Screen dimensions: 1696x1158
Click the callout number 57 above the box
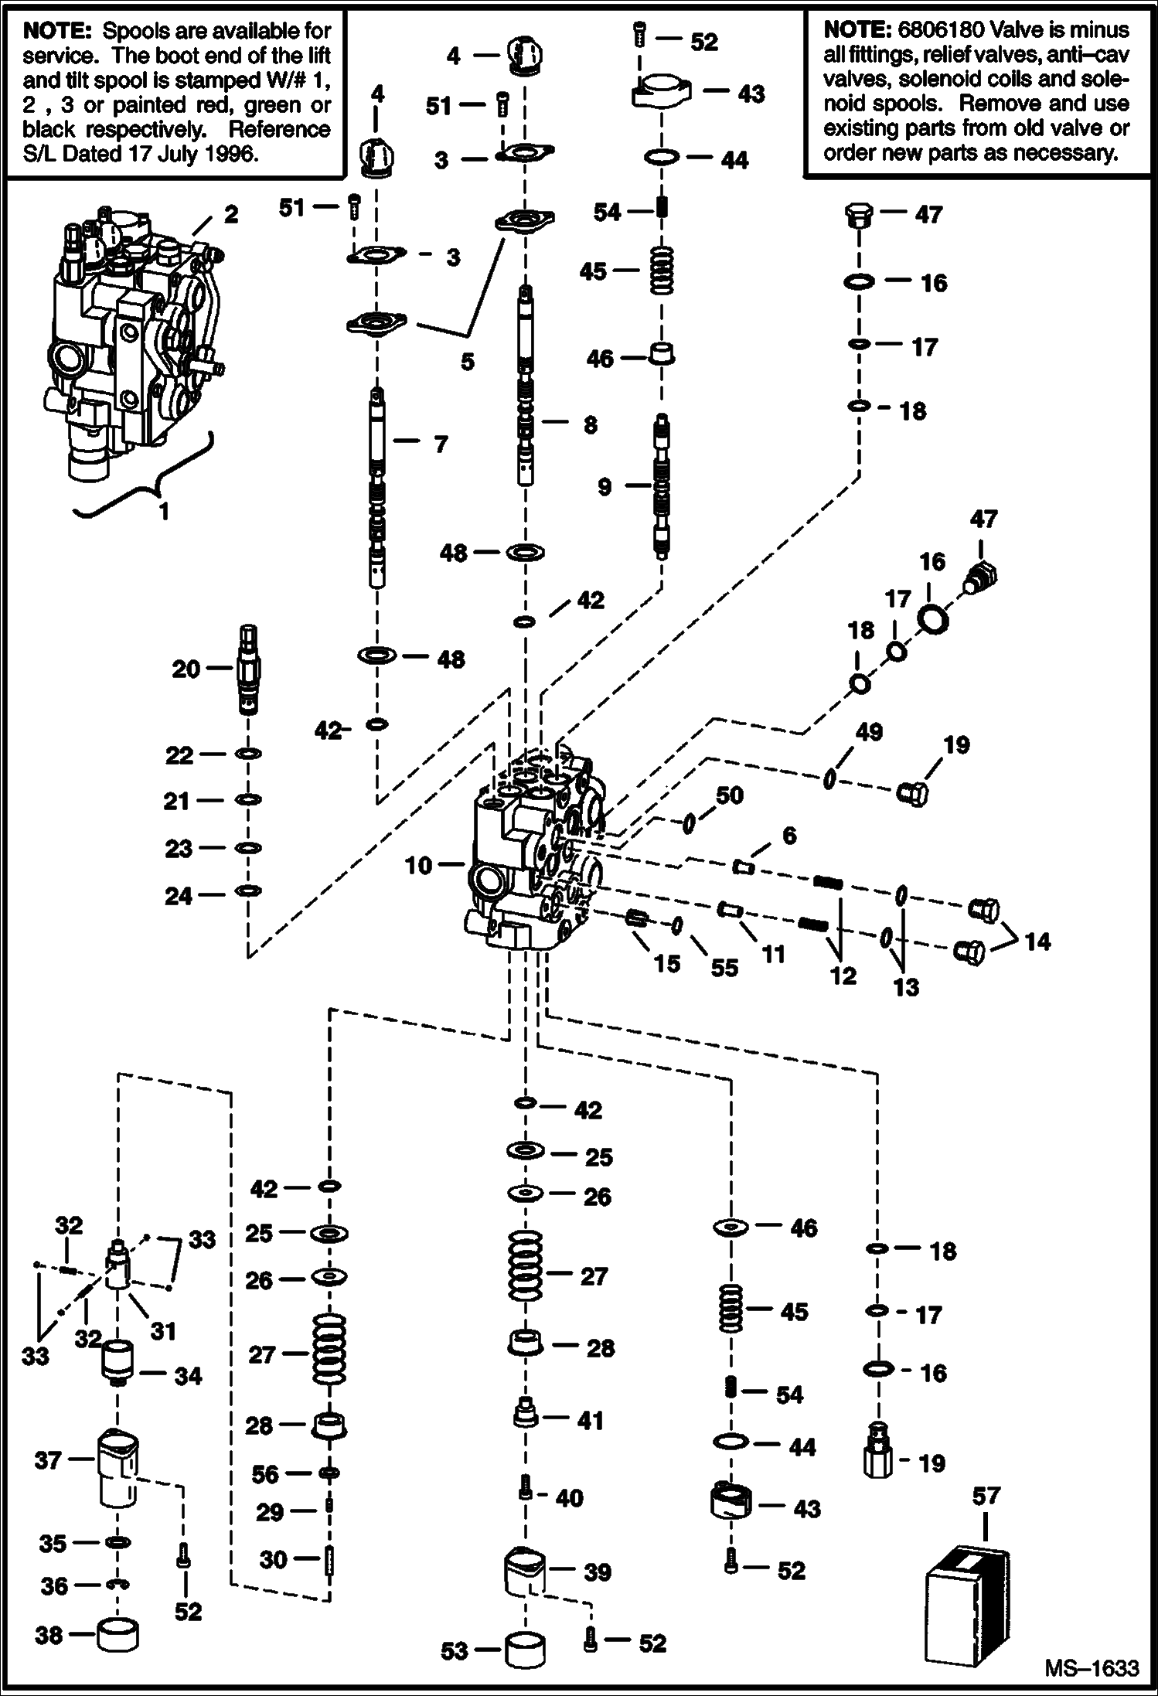(x=986, y=1496)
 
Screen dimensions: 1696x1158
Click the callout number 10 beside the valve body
(x=418, y=865)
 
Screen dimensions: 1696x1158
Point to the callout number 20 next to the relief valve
(x=186, y=669)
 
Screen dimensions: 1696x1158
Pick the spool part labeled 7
(x=376, y=487)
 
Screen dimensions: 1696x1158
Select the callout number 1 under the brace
(x=163, y=511)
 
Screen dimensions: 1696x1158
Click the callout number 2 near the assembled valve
(x=231, y=214)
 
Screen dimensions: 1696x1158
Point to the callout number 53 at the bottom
(x=454, y=1651)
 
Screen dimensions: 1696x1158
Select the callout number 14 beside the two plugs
(x=1037, y=941)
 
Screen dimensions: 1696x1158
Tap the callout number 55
(x=724, y=967)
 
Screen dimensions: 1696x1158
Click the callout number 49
(x=870, y=731)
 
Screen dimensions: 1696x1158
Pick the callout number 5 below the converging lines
(x=467, y=362)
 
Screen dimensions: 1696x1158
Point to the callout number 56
(x=264, y=1474)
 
